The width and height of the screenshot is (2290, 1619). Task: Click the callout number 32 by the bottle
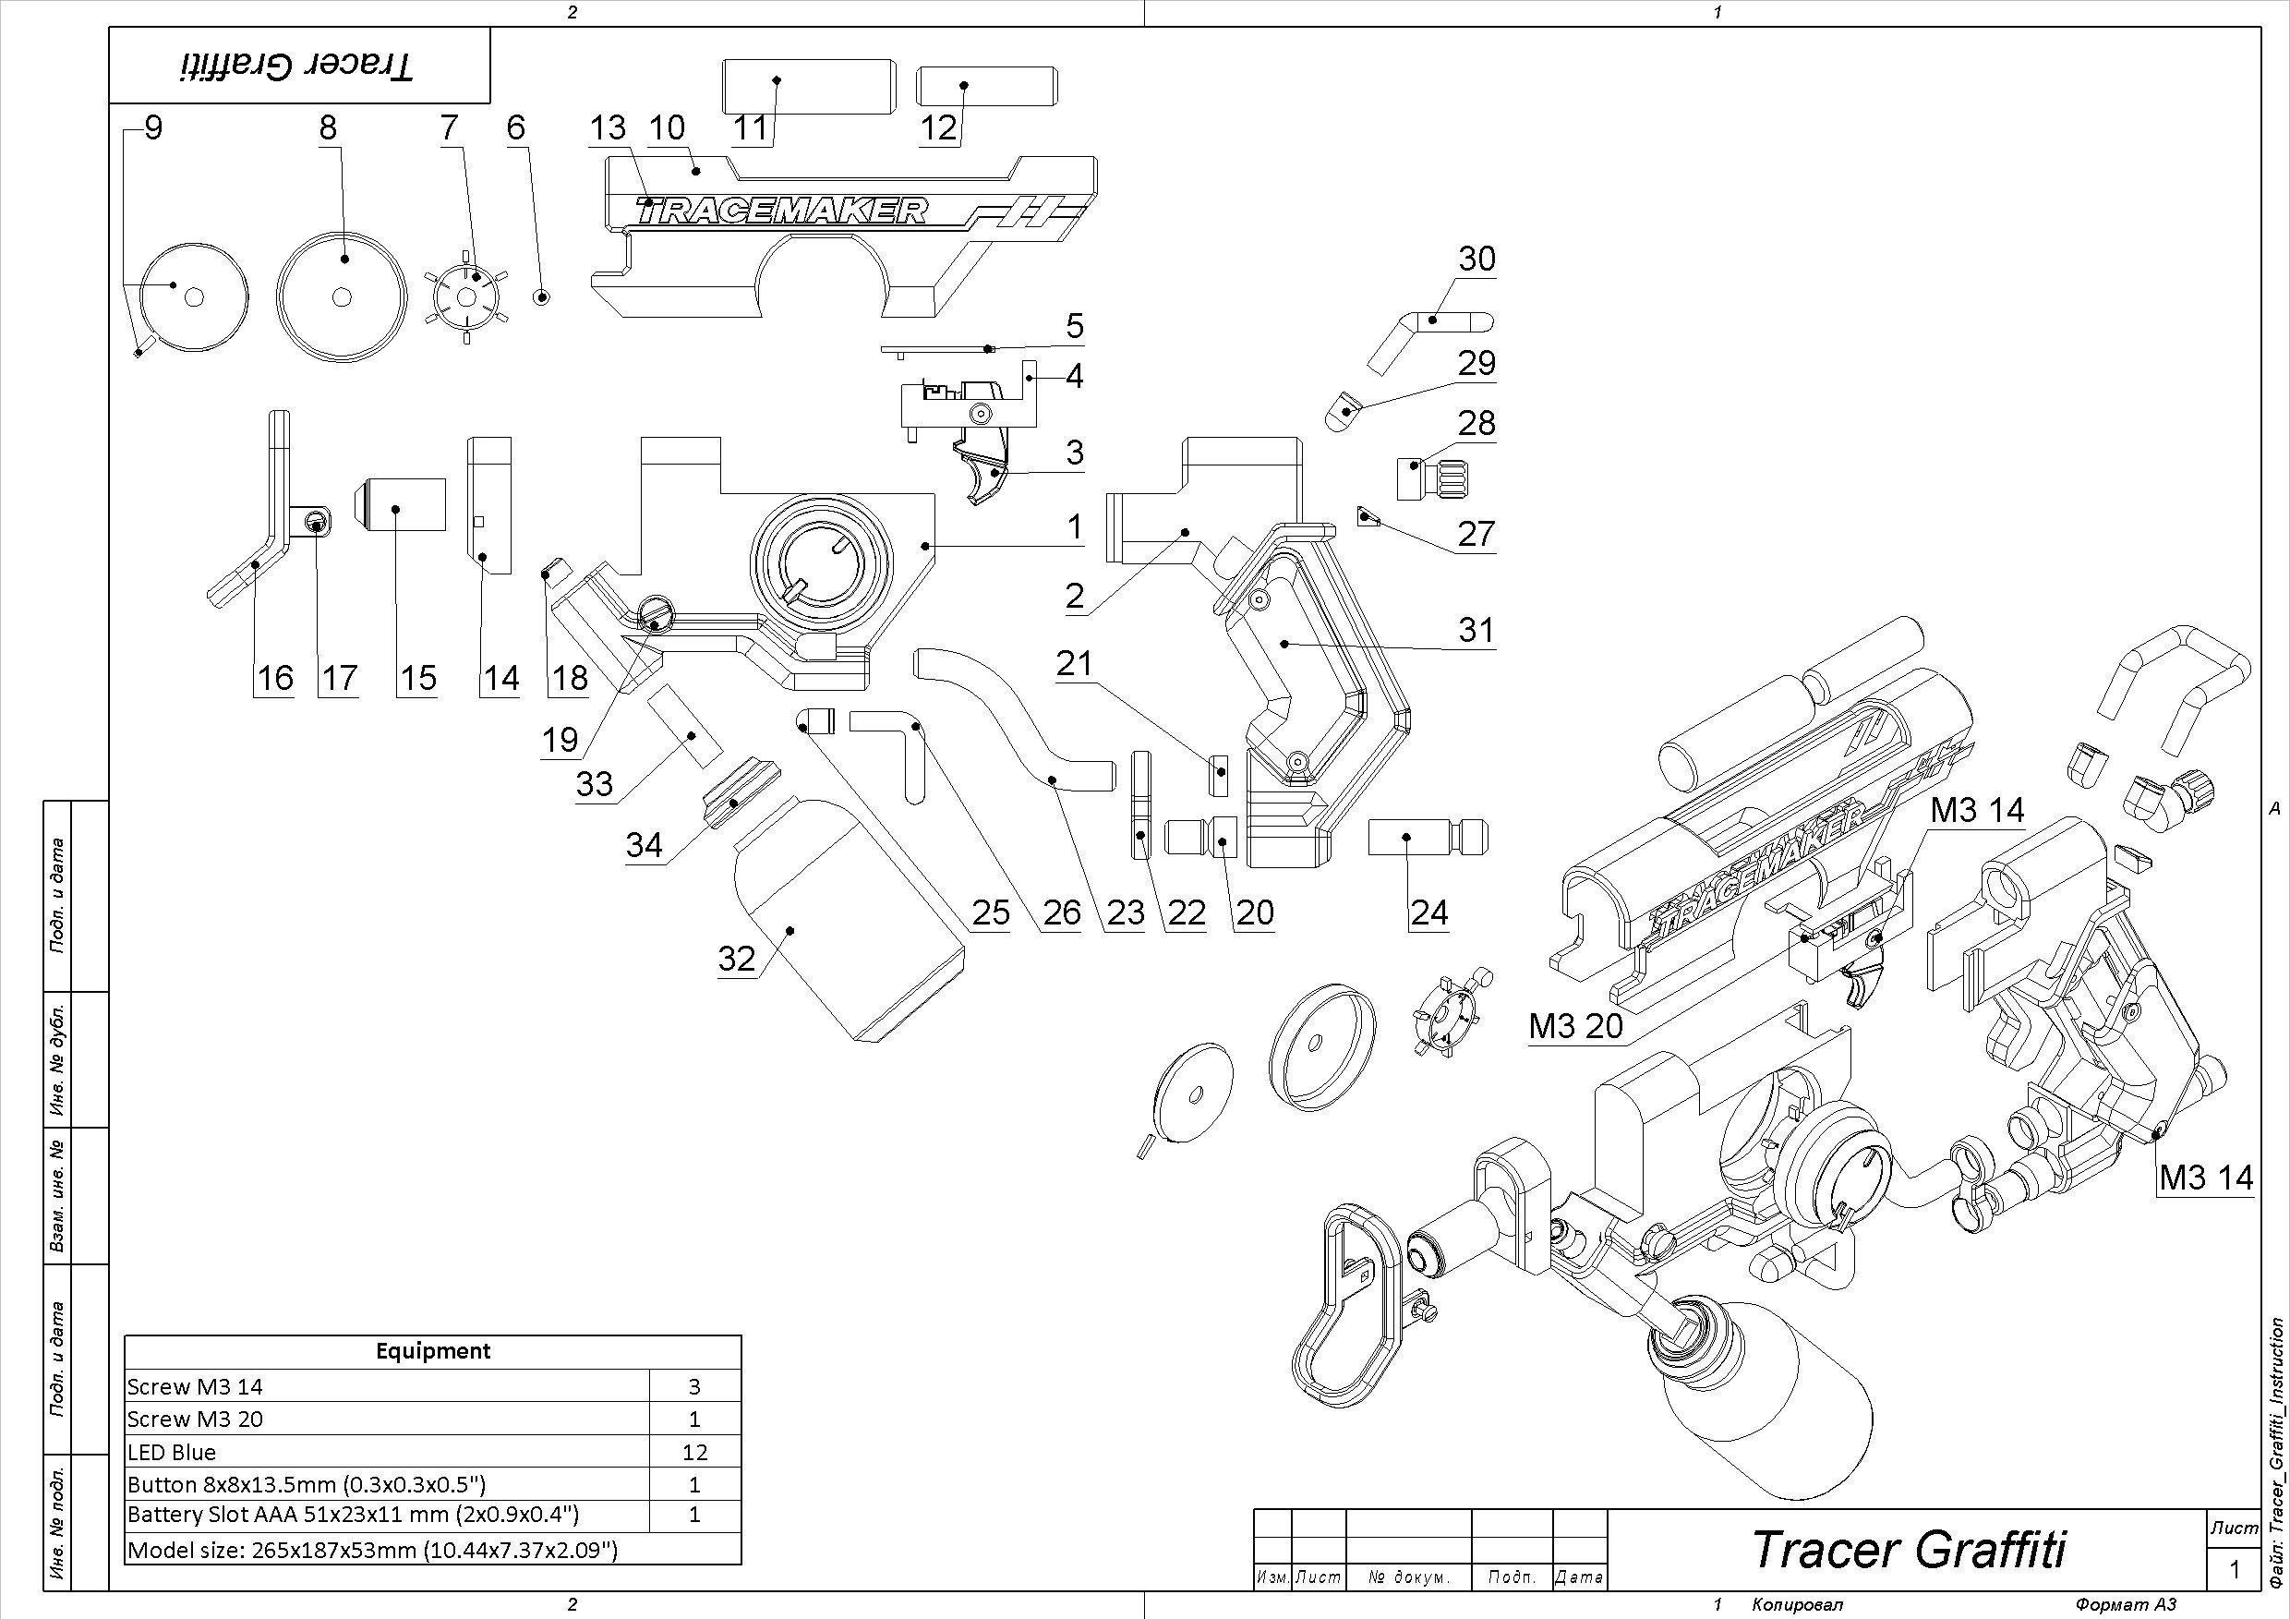[x=737, y=959]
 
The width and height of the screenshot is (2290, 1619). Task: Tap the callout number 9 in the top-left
[x=152, y=127]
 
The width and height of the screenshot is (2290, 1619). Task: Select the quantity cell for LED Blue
[x=694, y=1452]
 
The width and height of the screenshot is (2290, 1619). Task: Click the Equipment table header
[x=433, y=1350]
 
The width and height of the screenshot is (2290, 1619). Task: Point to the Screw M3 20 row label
[x=196, y=1419]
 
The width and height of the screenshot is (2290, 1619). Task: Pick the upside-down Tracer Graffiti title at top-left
[x=297, y=66]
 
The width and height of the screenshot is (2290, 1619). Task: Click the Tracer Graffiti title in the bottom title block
[x=1909, y=1548]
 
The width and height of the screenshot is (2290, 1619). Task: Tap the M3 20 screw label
[x=1576, y=1025]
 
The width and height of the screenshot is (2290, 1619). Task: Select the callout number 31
[x=1476, y=630]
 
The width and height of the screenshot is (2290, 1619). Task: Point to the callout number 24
[x=1428, y=912]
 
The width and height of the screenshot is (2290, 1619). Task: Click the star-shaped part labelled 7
[x=467, y=297]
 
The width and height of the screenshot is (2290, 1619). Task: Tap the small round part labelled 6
[x=542, y=296]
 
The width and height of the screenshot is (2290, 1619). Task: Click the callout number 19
[x=560, y=739]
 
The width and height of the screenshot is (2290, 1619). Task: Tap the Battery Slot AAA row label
[x=353, y=1515]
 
